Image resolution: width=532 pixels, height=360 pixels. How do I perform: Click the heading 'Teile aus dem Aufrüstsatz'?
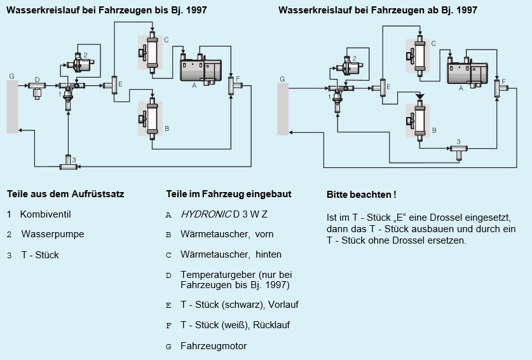point(65,193)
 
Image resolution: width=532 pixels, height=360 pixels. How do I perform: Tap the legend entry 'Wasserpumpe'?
point(53,234)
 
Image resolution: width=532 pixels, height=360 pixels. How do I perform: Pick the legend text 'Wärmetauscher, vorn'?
point(227,234)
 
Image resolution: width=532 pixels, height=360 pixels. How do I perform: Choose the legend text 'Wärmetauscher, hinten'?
point(231,254)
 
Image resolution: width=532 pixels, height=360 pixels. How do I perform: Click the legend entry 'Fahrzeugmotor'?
point(214,346)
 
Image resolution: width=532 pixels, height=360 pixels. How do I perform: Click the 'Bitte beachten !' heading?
point(361,194)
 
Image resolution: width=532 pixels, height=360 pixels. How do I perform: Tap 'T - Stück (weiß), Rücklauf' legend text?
point(235,325)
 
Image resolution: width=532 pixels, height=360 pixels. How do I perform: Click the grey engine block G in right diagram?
point(283,109)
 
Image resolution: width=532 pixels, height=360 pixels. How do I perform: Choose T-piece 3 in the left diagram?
point(68,164)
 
